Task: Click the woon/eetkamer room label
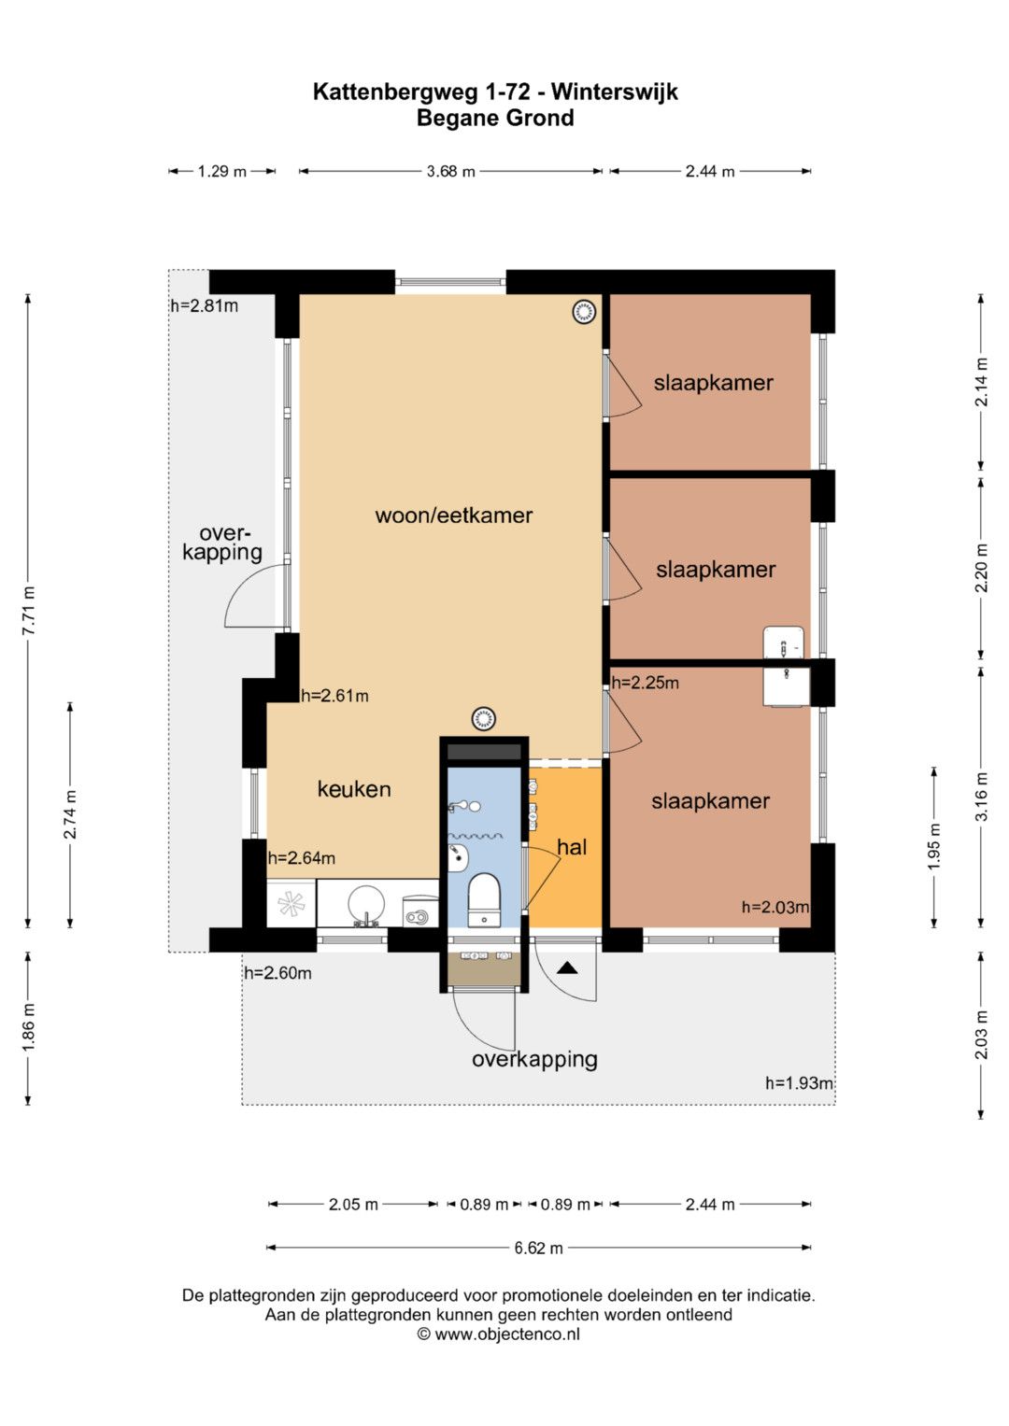[x=453, y=515]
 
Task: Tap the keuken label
[x=354, y=789]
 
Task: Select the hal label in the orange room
[x=572, y=847]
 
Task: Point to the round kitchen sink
[x=366, y=903]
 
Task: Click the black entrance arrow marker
[x=568, y=968]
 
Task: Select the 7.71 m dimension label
[x=29, y=611]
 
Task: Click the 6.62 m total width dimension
[x=539, y=1248]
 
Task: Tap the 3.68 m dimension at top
[x=451, y=171]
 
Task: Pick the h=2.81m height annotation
[x=204, y=306]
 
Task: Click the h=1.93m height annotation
[x=799, y=1083]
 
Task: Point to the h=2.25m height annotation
[x=645, y=683]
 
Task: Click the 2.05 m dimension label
[x=353, y=1205]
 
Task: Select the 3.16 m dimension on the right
[x=982, y=797]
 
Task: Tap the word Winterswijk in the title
[x=615, y=92]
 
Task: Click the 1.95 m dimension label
[x=934, y=847]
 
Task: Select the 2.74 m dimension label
[x=70, y=814]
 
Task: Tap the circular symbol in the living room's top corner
[x=584, y=311]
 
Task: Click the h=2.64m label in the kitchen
[x=301, y=858]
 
